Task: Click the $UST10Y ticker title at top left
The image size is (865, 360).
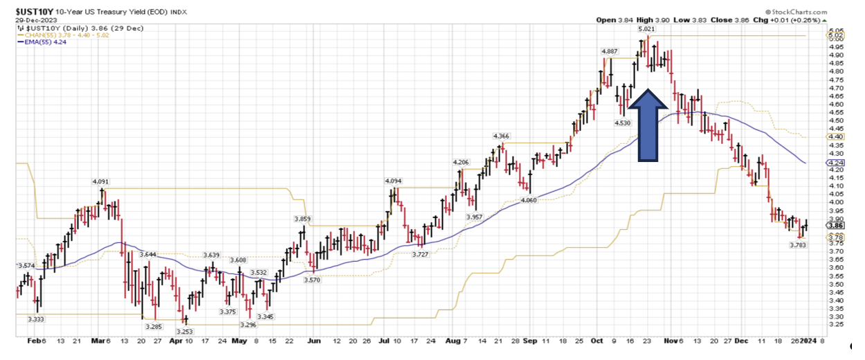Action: tap(30, 12)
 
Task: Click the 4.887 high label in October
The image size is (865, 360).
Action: tap(610, 51)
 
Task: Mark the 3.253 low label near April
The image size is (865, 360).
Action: tap(184, 332)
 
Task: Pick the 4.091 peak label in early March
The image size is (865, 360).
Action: tap(102, 181)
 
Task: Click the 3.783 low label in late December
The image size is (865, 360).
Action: tap(799, 244)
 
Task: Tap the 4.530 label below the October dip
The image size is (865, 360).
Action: tap(623, 123)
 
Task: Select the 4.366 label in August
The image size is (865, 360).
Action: tap(501, 136)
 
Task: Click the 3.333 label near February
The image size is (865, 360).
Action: tap(37, 318)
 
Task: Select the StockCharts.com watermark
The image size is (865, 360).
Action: tap(800, 12)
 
